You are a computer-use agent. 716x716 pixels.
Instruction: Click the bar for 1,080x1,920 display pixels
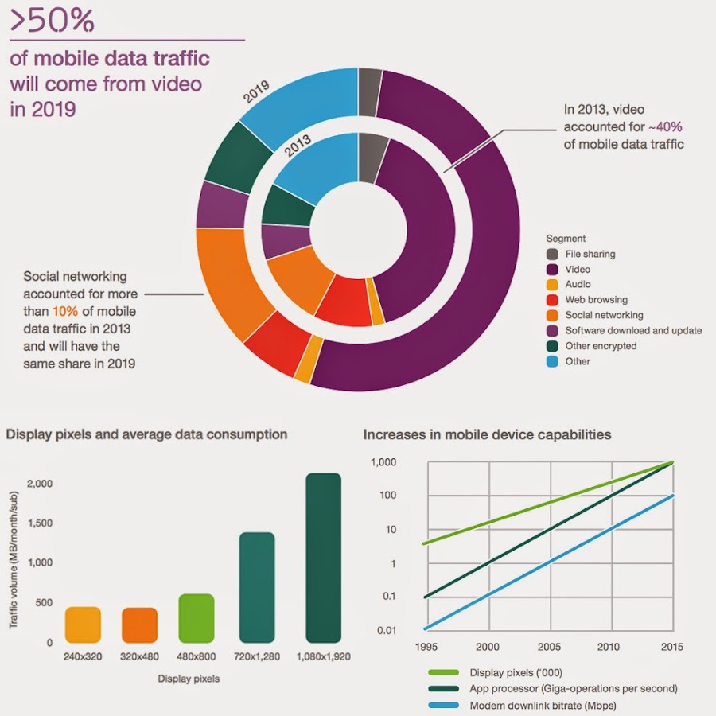(323, 557)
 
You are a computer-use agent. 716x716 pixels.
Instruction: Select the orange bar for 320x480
(139, 625)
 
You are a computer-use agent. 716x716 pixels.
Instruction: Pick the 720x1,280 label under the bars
(256, 657)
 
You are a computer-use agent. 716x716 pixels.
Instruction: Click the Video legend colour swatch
(552, 270)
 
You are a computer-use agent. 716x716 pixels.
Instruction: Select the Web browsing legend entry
(596, 300)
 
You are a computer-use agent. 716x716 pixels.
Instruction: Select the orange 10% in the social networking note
(65, 313)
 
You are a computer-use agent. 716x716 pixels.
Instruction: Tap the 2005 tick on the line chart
(548, 647)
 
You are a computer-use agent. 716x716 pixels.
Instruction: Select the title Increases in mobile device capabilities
(487, 434)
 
